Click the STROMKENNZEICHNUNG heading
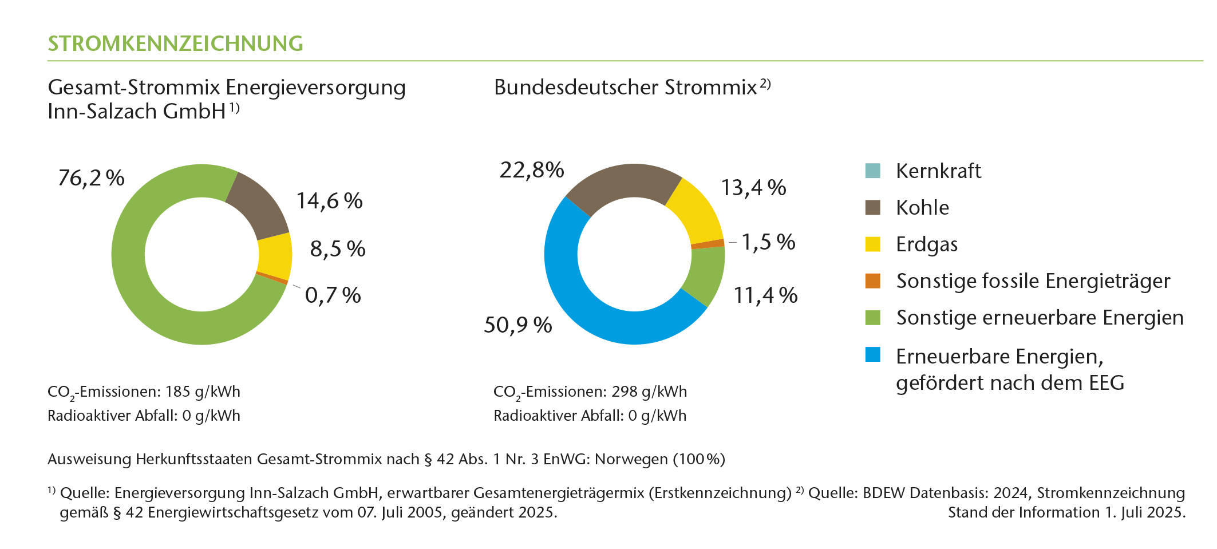point(175,44)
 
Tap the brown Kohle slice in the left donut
point(258,206)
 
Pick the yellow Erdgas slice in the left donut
point(275,255)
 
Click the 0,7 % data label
point(333,295)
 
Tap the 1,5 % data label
point(768,242)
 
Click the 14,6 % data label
point(329,201)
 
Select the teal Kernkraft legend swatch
point(872,171)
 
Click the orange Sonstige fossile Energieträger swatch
point(872,281)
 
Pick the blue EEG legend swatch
point(872,354)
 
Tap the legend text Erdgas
point(927,244)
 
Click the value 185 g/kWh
point(203,392)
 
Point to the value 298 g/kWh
point(649,392)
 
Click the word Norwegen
point(631,459)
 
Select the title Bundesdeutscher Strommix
point(625,88)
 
